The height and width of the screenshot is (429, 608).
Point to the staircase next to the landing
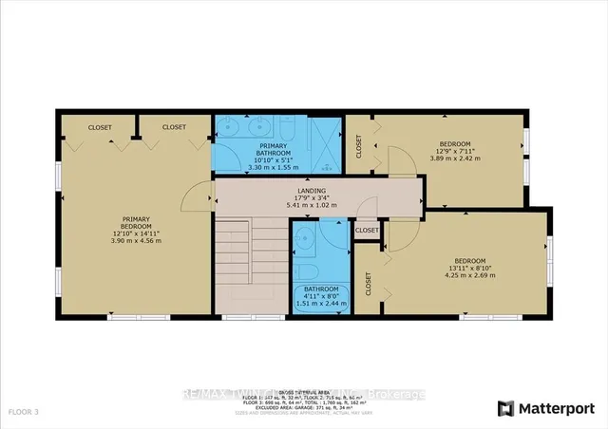(249, 267)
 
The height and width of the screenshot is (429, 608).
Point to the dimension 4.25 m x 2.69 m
(470, 276)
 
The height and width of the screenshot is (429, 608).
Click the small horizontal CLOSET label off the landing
(367, 230)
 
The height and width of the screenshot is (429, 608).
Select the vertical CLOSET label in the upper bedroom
(359, 145)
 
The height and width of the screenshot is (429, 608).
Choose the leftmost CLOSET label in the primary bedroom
(100, 126)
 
